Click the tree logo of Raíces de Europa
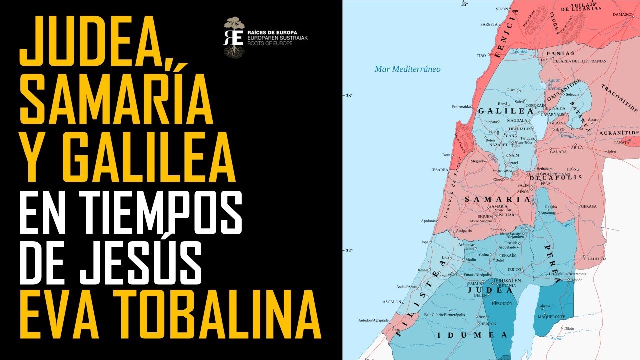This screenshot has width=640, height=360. [233, 37]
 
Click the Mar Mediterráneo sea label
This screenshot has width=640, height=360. [408, 69]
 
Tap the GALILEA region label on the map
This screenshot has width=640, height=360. [505, 111]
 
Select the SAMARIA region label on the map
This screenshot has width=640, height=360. [497, 199]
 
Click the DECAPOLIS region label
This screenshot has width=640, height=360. [555, 177]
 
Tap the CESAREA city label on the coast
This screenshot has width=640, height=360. [439, 170]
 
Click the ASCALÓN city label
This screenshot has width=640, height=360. [392, 302]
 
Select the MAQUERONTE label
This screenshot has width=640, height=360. [551, 317]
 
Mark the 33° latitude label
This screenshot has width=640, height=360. [349, 95]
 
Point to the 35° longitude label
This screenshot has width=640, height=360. [464, 4]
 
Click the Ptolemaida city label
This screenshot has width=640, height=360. [461, 106]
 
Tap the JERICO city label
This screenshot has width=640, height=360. [514, 270]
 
